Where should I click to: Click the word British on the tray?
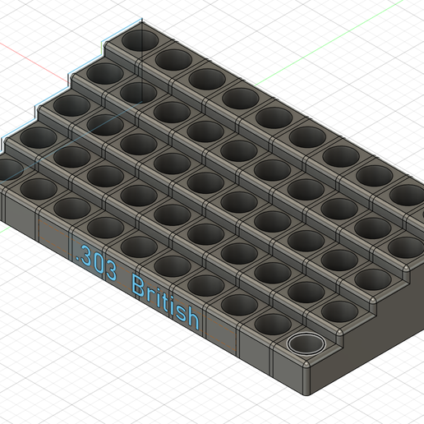165,301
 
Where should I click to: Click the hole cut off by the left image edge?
7,170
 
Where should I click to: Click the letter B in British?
138,288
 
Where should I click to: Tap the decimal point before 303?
75,257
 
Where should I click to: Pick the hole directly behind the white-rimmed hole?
338,311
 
